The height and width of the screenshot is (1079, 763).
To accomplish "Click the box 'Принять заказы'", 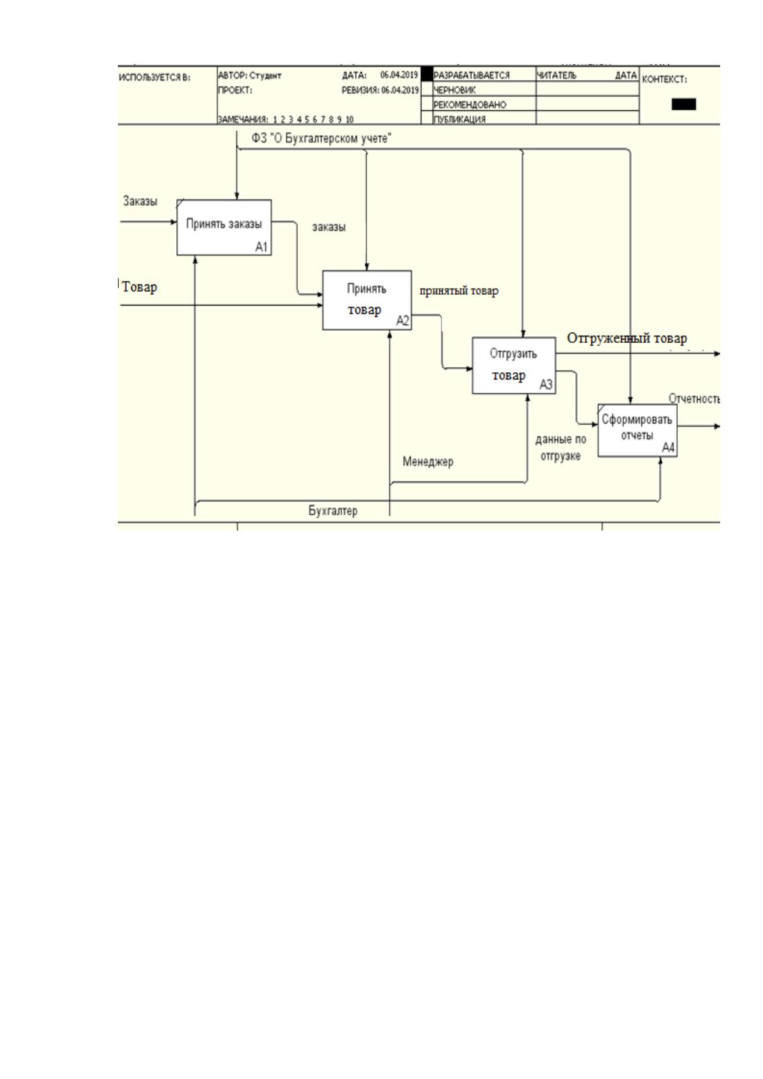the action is pos(224,227).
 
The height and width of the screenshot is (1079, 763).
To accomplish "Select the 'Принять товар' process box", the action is pos(367,300).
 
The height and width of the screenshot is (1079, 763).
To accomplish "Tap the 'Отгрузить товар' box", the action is pos(514,366).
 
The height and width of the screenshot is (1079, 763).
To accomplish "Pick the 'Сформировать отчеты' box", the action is pos(638,430).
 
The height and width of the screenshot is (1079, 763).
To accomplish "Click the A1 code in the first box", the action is pos(261,247).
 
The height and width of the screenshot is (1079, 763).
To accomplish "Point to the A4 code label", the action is pos(668,448).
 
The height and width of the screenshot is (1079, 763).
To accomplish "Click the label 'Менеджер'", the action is pos(428,462).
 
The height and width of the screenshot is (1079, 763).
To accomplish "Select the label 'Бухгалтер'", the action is pos(333,511).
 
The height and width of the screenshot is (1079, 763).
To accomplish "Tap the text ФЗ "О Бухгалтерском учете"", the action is pos(322,139).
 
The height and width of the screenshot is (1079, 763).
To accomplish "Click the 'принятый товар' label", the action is pos(459,291).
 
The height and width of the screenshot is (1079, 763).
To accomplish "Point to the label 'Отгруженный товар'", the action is pos(627,338).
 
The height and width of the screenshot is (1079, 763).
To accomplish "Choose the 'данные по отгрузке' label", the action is pos(561,447).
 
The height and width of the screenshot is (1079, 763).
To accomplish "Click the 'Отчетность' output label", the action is pos(694,399).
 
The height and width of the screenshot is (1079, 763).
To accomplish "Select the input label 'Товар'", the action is pos(139,287).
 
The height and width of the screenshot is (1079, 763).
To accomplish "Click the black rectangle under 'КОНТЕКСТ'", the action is pos(684,104).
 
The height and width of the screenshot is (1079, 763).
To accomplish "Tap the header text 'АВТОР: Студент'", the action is pos(249,76).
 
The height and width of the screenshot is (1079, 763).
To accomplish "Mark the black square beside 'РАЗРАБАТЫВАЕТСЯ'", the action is pos(427,74).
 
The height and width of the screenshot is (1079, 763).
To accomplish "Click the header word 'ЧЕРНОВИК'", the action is pos(454,90).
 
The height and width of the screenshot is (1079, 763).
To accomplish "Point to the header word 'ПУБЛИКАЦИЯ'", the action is pos(459,119).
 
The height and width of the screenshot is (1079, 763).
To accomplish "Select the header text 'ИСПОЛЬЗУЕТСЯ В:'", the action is pos(154,78).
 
